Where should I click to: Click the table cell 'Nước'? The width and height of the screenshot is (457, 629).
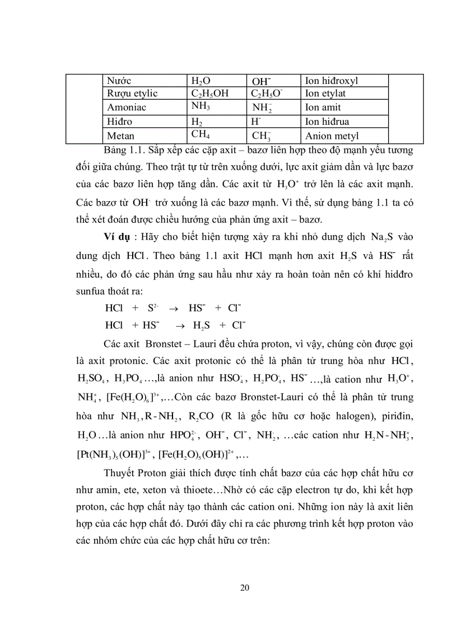118,81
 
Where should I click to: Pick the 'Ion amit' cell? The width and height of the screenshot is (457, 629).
323,107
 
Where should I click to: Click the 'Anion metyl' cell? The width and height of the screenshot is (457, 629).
332,136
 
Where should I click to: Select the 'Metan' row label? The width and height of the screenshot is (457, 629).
120,135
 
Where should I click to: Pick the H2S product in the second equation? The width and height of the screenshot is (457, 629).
202,325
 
